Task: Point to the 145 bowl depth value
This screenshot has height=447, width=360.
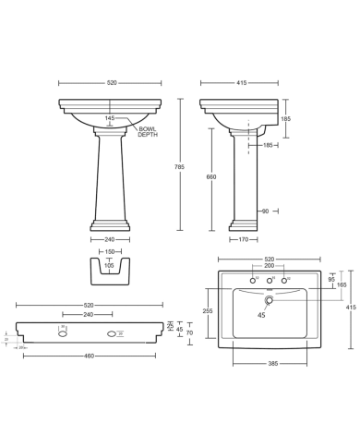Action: (x=111, y=117)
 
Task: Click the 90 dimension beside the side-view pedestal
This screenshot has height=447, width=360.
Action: (x=266, y=211)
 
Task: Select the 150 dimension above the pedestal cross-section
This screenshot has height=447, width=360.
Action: (x=110, y=251)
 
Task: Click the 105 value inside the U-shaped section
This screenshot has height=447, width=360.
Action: (x=110, y=265)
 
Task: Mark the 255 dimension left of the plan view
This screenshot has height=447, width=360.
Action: (x=208, y=312)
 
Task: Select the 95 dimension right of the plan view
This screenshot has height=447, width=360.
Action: (x=330, y=279)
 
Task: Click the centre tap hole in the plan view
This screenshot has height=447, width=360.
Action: (x=270, y=280)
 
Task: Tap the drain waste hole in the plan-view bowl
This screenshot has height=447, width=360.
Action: (x=269, y=299)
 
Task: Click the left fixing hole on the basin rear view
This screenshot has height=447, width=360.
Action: (x=63, y=332)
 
